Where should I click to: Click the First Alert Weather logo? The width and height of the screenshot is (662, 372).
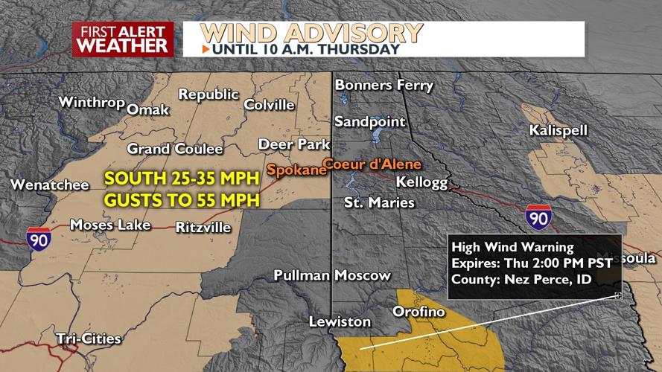[123, 39]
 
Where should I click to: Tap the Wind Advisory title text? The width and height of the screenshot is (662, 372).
[311, 33]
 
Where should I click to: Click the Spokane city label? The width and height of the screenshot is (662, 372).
[296, 170]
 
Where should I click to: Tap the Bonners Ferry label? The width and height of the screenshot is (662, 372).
[383, 85]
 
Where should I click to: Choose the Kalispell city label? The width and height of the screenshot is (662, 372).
[558, 130]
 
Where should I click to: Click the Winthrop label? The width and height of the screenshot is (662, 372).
[91, 102]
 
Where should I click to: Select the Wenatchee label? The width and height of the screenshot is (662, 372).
[50, 185]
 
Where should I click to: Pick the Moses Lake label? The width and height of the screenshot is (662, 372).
[110, 225]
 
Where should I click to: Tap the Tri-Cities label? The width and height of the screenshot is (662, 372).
[89, 339]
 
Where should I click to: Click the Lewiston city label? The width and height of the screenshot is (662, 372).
[340, 321]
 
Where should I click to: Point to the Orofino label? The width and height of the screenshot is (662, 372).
[418, 311]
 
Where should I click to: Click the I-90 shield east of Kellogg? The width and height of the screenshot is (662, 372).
[538, 217]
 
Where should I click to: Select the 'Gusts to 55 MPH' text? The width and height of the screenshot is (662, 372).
[182, 200]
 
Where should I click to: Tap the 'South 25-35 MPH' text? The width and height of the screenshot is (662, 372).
[181, 179]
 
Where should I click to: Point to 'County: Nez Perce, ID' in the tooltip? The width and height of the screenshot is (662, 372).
[521, 280]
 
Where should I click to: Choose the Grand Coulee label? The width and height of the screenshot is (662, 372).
[175, 149]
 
